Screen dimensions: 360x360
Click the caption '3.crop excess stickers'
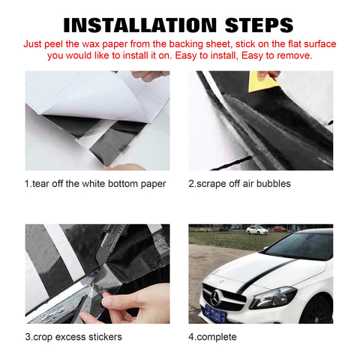(74, 337)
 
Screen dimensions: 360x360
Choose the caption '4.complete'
(213, 337)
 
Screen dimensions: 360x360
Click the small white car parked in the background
(256, 229)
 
